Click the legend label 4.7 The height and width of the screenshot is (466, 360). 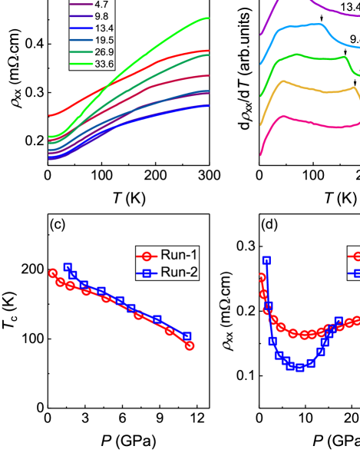(x=101, y=4)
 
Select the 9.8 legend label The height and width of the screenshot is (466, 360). (x=101, y=16)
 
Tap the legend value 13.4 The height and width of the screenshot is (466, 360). (x=104, y=28)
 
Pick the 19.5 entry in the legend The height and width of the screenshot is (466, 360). (x=104, y=40)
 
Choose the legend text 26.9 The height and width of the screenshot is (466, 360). (x=104, y=52)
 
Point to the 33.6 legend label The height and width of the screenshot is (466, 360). (x=104, y=64)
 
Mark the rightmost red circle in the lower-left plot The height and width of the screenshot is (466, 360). (x=190, y=345)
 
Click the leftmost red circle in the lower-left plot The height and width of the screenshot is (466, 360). (x=53, y=273)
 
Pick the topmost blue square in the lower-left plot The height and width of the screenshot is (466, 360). (x=68, y=266)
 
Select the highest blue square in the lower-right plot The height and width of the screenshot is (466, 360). (x=266, y=260)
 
